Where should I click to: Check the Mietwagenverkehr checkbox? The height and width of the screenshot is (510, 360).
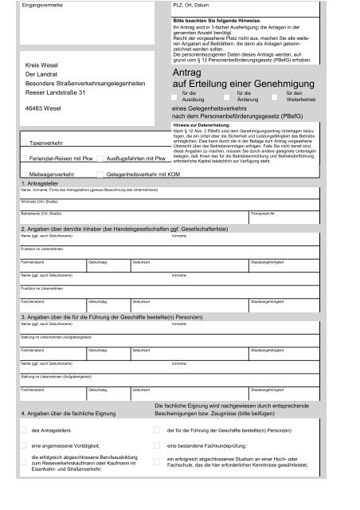22,172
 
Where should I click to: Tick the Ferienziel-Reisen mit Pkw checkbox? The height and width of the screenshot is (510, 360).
22,159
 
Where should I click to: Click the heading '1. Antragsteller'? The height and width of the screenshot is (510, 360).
39,183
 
